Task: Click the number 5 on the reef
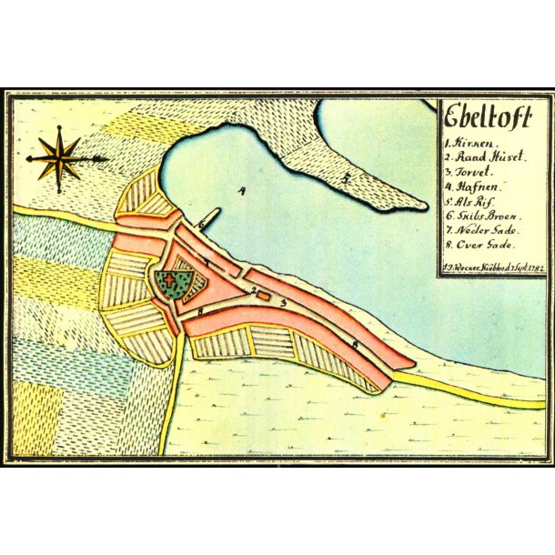click(x=346, y=179)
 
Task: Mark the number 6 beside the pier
click(x=199, y=224)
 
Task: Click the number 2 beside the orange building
click(x=254, y=291)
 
